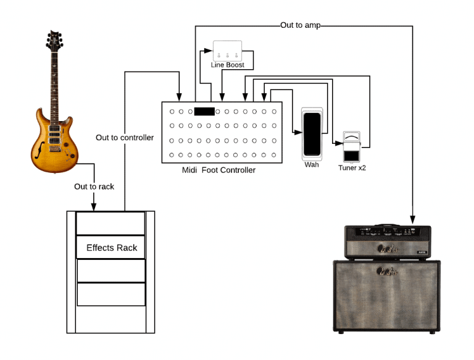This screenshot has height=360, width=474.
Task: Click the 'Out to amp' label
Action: [x=300, y=25]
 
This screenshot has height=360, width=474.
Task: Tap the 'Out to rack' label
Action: [x=94, y=186]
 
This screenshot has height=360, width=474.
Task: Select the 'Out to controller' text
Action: [x=125, y=137]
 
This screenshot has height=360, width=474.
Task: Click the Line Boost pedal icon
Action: [x=227, y=50]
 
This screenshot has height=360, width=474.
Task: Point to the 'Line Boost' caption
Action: [x=227, y=65]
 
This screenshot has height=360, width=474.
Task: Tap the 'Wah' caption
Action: [x=312, y=165]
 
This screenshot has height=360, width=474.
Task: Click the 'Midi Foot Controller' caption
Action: [x=218, y=170]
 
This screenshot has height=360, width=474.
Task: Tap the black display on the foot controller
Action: [x=204, y=112]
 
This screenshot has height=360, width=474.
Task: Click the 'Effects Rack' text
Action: [x=111, y=248]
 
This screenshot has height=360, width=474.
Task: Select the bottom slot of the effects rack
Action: [x=110, y=294]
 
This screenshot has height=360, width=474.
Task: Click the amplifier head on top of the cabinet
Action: [x=387, y=243]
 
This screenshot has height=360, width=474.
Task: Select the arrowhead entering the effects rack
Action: [x=94, y=207]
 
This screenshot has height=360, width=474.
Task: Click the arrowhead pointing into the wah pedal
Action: [x=298, y=132]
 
